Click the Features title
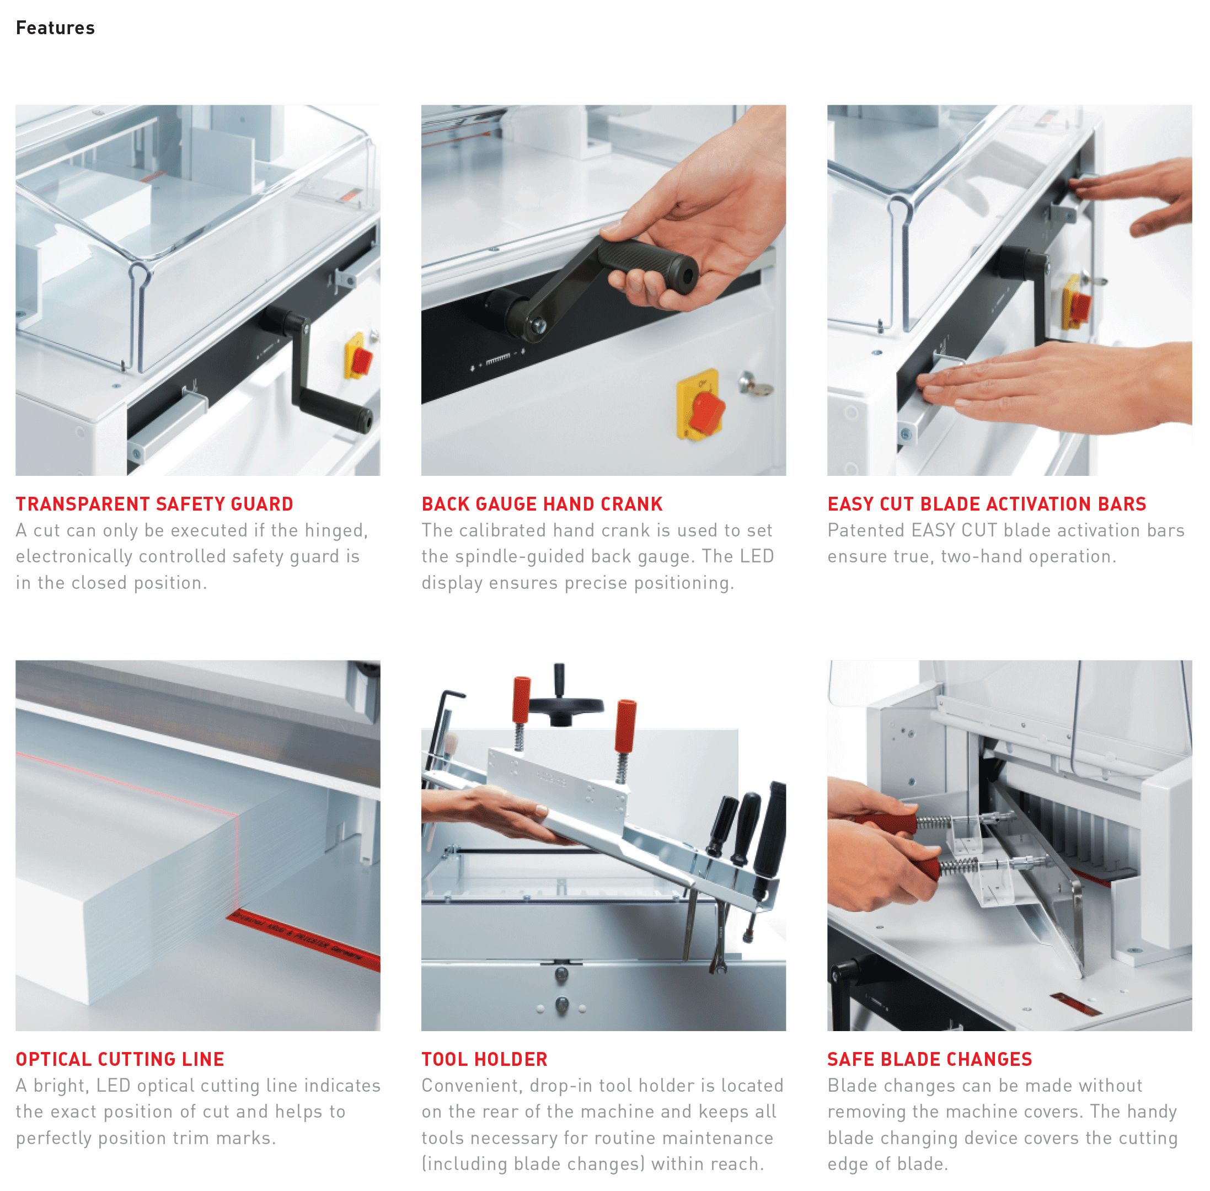point(55,28)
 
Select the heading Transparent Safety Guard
point(154,504)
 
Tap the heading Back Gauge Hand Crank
point(542,504)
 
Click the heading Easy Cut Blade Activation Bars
point(987,504)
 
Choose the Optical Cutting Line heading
point(120,1059)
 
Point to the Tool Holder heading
point(484,1059)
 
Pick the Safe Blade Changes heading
point(930,1059)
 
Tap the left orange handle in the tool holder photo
point(521,699)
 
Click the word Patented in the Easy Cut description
point(866,530)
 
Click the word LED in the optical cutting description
point(113,1085)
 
